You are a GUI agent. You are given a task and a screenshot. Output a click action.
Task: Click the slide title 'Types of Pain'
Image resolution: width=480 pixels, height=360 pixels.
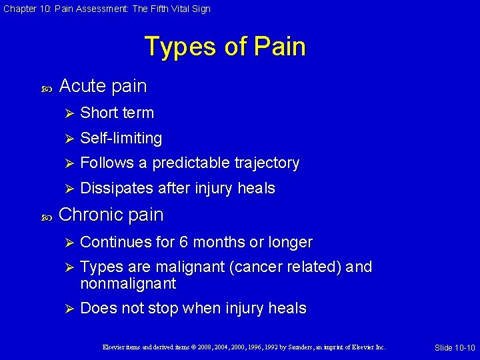pos(225,47)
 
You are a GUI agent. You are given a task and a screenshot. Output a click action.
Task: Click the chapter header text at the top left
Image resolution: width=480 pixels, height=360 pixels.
pos(106,9)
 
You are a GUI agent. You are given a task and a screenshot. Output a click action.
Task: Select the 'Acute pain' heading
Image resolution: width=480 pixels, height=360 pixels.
pos(103,86)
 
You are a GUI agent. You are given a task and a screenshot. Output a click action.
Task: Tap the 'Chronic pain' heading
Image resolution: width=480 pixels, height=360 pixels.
pos(111,215)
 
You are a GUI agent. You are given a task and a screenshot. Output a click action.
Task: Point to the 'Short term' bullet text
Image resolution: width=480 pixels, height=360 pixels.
pos(117,113)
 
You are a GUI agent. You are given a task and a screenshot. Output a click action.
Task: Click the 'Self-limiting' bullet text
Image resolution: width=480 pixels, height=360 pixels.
pos(121,138)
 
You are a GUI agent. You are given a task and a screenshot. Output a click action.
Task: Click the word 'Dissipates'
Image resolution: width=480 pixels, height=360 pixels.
pos(117,189)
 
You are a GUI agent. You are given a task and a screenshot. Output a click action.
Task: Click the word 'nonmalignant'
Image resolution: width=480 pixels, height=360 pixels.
pos(128,284)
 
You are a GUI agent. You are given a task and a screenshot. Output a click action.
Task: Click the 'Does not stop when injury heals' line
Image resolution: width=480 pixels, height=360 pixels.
pos(193,309)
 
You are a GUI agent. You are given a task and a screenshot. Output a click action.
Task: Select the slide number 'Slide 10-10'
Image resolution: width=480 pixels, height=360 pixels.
pos(454,348)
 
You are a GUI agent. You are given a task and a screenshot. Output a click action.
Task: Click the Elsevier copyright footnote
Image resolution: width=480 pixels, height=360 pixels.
pos(244,347)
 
